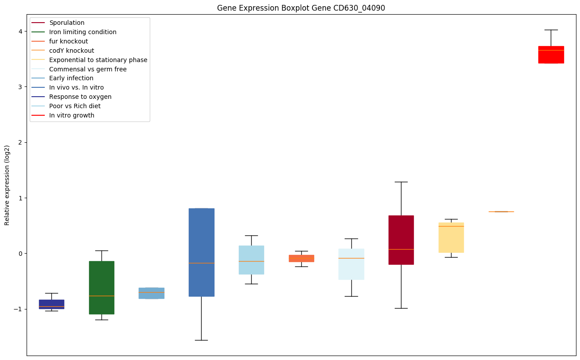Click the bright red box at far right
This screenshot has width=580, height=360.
551,55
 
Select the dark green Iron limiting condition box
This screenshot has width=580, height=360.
101,287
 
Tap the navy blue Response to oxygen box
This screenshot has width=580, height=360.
51,304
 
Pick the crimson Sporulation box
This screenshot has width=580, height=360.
401,240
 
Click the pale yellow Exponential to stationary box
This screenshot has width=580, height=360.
451,238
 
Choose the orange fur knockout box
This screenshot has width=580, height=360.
301,258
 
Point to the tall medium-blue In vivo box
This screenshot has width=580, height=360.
202,252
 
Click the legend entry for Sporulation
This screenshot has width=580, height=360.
67,23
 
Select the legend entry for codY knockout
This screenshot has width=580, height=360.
72,51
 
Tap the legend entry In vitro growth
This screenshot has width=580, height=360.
72,115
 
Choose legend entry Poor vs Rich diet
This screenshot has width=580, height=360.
75,106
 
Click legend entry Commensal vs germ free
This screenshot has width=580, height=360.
88,69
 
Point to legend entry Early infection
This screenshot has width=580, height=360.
71,78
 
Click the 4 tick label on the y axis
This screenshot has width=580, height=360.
20,31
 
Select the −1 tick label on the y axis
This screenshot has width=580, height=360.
19,309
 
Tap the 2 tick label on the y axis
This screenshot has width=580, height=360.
20,142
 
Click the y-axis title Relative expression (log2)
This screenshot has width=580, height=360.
7,185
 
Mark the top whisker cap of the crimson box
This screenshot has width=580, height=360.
401,182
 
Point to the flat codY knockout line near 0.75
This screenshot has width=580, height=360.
501,211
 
